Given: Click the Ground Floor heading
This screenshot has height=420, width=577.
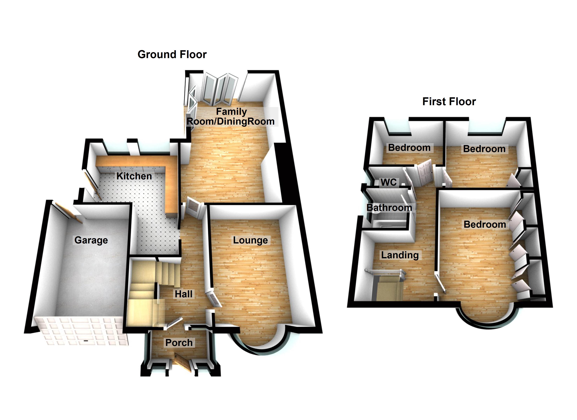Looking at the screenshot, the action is tap(172, 54).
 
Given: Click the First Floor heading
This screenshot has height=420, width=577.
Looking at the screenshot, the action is tap(449, 102).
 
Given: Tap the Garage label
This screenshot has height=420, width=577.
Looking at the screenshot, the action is tap(91, 240).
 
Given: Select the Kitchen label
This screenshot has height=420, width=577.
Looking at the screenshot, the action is tap(134, 176).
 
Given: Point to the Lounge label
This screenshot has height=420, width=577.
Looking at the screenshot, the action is tap(250, 240).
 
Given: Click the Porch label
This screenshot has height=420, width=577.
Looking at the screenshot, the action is tap(179, 343).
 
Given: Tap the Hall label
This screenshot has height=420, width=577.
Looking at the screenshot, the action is tap(183, 294).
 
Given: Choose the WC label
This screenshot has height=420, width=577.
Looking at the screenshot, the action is tap(389, 182).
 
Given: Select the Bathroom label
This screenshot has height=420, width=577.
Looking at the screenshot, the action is tap(389, 208).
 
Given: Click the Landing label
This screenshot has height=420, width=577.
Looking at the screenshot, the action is tap(400, 255).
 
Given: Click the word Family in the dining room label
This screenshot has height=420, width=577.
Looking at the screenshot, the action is tap(231, 111).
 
